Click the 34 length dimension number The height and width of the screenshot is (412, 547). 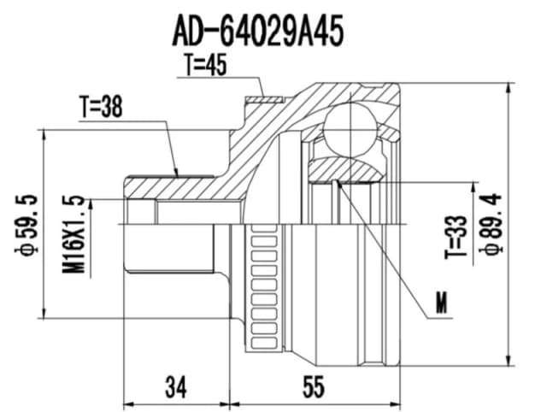coord(176,388)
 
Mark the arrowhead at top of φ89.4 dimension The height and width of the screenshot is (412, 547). coord(510,89)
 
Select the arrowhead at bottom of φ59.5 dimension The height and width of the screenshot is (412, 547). coord(44,312)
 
